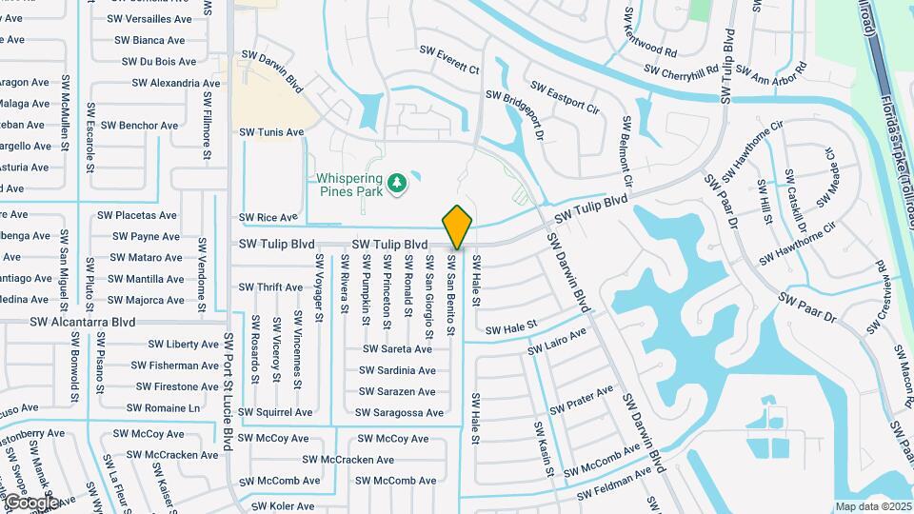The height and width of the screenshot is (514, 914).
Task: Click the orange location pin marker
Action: click(458, 227)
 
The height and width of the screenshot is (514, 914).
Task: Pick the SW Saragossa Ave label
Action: click(399, 413)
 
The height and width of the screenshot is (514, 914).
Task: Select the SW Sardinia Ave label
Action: click(398, 370)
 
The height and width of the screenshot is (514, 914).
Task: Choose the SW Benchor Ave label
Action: click(139, 126)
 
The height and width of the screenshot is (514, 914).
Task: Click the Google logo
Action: click(31, 502)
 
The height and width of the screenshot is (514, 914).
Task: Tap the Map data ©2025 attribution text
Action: click(871, 506)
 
